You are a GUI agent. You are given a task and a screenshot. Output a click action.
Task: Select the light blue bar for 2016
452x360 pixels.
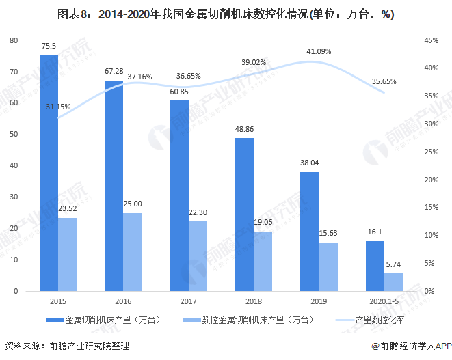(133, 252)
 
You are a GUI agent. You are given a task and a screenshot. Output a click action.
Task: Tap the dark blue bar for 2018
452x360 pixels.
(244, 214)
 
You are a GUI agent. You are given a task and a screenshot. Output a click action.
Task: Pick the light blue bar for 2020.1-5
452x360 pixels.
(393, 282)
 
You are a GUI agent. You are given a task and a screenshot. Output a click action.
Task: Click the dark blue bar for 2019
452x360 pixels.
(309, 232)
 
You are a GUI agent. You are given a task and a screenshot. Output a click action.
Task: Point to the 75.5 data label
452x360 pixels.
(49, 46)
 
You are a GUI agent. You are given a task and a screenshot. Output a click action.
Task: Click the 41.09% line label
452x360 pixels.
(319, 51)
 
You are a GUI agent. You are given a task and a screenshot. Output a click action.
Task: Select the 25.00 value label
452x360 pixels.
(133, 204)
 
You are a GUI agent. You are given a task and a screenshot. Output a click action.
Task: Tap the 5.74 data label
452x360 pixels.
(394, 264)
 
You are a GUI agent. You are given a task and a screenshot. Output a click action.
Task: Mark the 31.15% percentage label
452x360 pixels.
(58, 107)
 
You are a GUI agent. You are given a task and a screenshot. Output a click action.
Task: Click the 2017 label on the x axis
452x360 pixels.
(179, 302)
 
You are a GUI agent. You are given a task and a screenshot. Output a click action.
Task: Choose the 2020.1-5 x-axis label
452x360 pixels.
(384, 302)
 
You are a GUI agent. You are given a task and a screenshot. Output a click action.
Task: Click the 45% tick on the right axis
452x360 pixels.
(430, 40)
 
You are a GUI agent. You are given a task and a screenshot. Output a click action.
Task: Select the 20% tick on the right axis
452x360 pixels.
(430, 180)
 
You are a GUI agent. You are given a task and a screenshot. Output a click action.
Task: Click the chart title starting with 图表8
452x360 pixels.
(226, 14)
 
